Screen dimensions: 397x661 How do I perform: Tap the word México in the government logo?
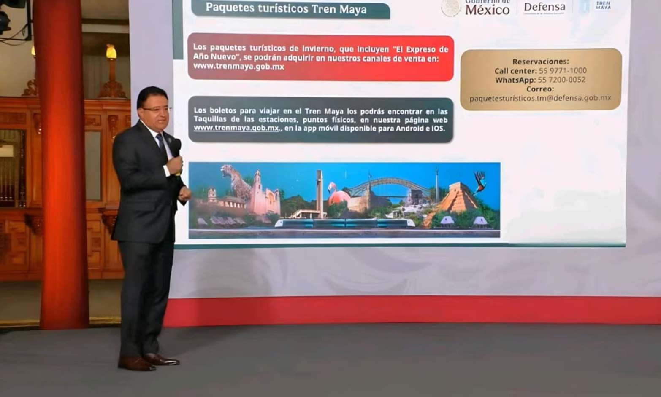tap(487, 10)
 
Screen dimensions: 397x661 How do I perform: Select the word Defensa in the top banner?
tap(544, 7)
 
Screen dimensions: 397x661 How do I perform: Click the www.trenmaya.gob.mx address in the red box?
tap(238, 67)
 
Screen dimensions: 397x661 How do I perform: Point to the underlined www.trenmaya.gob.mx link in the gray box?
tap(236, 128)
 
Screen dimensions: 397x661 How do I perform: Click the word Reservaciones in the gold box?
tap(540, 62)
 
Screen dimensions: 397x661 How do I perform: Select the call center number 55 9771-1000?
tap(563, 71)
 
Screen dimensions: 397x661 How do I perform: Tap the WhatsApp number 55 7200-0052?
tap(561, 80)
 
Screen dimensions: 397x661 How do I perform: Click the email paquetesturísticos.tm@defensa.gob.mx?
tap(540, 98)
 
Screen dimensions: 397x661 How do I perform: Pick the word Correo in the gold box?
tap(540, 89)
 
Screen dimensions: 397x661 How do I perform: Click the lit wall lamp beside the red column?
tap(111, 53)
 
